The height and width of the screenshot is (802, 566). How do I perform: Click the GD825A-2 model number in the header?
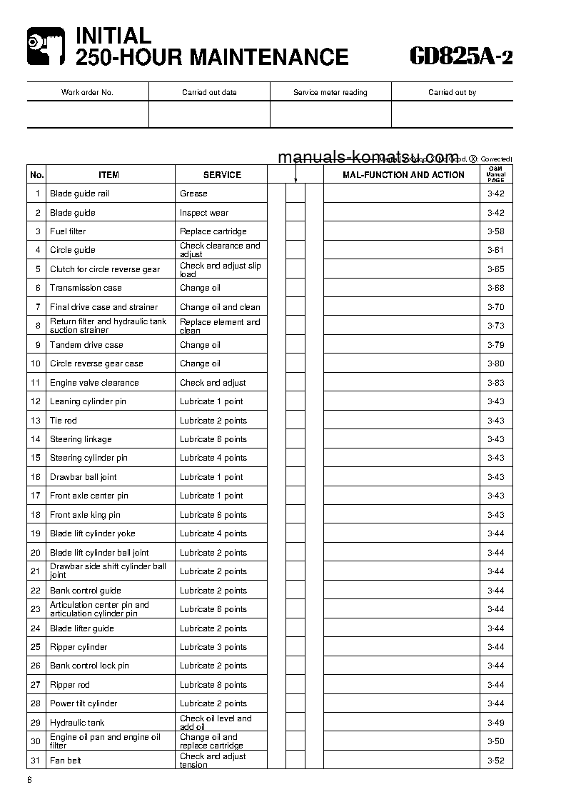tap(461, 55)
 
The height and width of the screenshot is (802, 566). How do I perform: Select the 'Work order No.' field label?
tap(87, 92)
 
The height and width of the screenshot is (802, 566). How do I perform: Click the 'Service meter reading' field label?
tap(330, 92)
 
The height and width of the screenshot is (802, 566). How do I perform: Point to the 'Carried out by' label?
tap(452, 92)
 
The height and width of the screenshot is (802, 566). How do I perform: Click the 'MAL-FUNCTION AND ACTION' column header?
tap(403, 174)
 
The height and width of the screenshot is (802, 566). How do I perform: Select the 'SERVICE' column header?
tap(222, 174)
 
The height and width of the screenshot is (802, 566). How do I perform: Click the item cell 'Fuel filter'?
tap(68, 231)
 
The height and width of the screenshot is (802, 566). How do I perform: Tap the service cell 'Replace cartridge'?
tap(213, 231)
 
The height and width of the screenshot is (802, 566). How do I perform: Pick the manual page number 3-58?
tap(495, 231)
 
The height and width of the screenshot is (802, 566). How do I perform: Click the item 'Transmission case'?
tap(86, 288)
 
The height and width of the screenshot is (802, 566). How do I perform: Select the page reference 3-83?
tap(495, 383)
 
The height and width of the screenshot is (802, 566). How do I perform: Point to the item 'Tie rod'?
tap(64, 421)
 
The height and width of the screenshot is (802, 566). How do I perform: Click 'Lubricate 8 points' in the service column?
tap(213, 685)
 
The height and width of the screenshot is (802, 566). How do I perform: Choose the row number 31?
tap(36, 761)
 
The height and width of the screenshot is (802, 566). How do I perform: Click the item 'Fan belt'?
tap(66, 761)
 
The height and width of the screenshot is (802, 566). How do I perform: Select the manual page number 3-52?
tap(495, 761)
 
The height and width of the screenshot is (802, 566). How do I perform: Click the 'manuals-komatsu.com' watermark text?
tap(368, 157)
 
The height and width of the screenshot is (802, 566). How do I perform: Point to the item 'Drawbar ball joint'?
tap(84, 477)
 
